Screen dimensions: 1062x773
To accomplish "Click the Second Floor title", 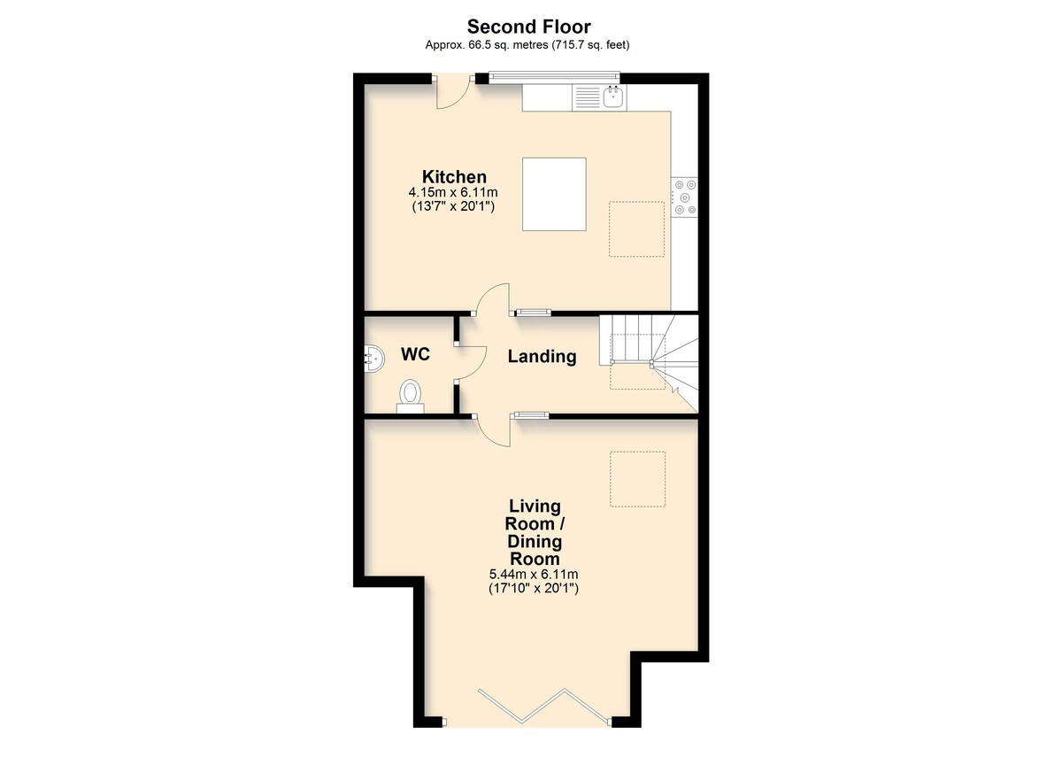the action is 528,27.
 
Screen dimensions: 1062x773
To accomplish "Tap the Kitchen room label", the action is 454,177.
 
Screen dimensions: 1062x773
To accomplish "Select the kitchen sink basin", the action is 613,97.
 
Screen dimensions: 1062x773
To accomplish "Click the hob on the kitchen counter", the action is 684,197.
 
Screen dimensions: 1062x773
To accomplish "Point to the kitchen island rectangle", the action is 554,195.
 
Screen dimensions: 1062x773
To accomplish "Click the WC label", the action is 415,354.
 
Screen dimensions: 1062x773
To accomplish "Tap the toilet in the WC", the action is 411,397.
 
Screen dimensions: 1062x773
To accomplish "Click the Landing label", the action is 542,356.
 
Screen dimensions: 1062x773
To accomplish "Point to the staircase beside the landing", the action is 649,363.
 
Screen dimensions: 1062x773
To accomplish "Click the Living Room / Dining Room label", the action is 535,532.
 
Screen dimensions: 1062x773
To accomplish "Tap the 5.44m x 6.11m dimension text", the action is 534,575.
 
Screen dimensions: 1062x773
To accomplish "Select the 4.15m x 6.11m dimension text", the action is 453,192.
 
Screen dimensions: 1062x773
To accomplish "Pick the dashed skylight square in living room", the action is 638,479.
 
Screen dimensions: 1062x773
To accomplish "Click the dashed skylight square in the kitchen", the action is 636,229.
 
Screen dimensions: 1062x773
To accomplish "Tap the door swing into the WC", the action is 470,363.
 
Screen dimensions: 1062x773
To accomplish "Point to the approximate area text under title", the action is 527,45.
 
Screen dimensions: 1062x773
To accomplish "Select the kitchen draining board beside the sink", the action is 588,97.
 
